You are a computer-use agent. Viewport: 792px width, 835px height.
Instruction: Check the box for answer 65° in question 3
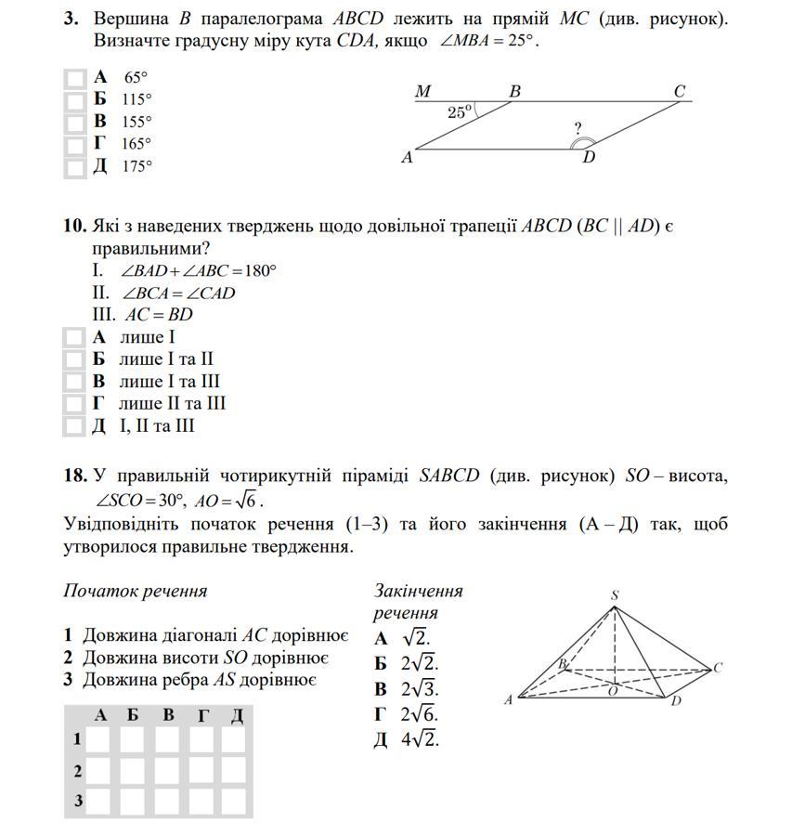74,79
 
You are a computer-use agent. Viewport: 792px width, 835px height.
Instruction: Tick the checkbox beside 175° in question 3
74,167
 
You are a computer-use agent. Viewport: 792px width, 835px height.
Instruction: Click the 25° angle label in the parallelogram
459,112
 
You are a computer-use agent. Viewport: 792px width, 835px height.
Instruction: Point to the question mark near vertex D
578,129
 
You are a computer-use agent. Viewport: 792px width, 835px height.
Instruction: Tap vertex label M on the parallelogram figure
423,92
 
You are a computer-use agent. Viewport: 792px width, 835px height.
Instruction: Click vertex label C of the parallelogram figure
680,92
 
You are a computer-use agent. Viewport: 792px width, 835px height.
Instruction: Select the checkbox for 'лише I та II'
74,360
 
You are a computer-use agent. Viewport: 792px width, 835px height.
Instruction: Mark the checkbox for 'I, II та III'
74,426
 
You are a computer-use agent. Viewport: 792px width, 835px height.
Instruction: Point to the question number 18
75,476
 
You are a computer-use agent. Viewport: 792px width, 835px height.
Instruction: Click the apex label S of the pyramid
615,595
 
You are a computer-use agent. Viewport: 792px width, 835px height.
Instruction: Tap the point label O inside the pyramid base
612,691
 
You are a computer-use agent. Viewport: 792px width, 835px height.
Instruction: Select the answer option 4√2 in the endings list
420,740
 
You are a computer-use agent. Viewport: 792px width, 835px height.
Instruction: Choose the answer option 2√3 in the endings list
420,689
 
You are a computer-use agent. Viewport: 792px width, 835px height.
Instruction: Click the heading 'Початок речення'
136,592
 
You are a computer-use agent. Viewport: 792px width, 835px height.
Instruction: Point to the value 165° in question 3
136,144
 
